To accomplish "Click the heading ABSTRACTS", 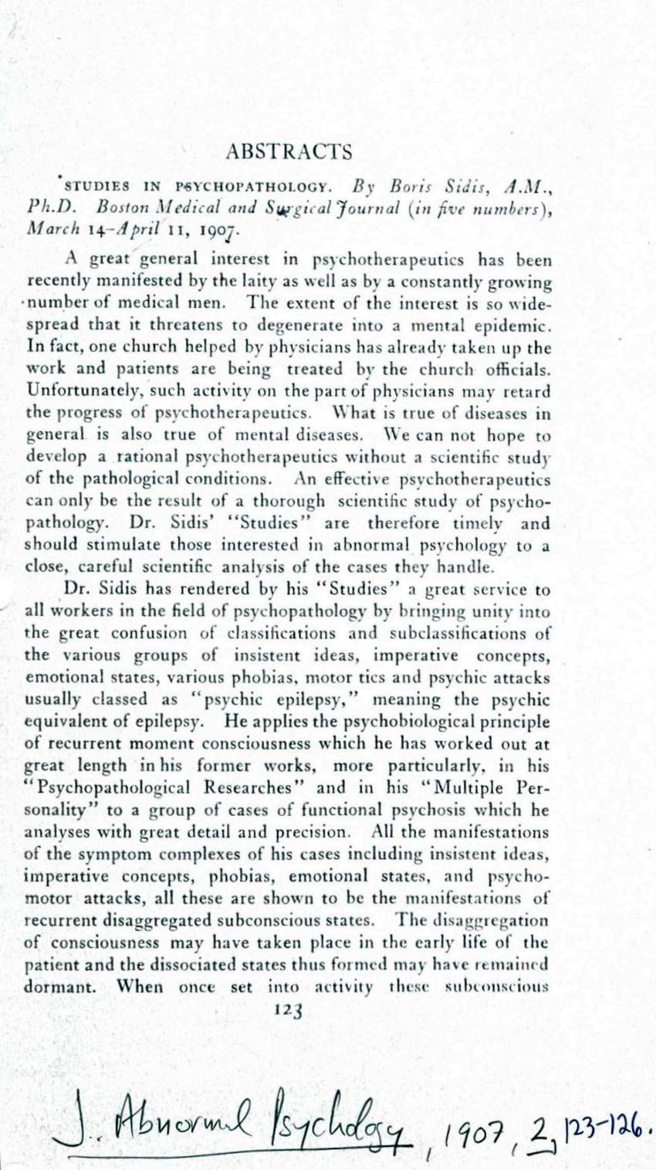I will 289,152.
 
